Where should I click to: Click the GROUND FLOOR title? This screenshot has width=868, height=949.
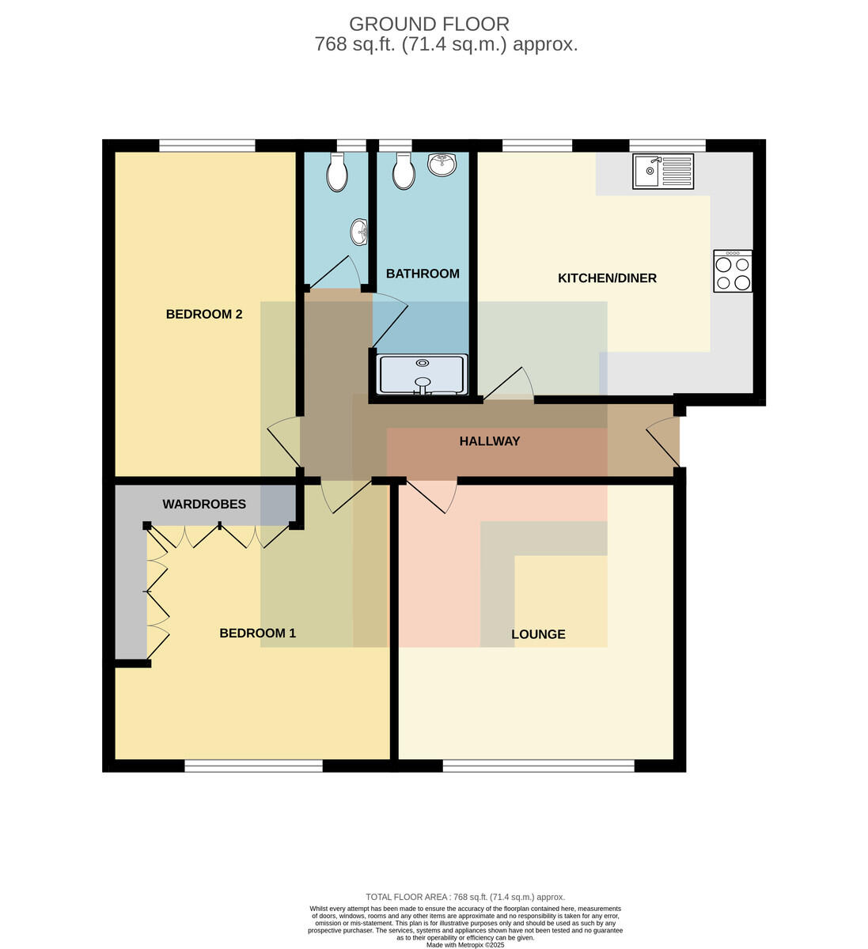coord(429,24)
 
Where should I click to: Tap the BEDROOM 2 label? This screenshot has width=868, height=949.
coord(204,314)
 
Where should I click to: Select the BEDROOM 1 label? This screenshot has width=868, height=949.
coord(258,633)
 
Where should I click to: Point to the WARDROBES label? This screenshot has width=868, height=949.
coord(204,505)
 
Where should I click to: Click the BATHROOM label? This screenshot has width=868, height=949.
coord(423,274)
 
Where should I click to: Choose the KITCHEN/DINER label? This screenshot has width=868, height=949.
coord(607,278)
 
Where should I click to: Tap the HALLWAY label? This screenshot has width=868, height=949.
coord(490,441)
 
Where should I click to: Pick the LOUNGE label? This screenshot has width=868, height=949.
coord(538,634)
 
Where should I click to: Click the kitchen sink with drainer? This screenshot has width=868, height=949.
coord(663,172)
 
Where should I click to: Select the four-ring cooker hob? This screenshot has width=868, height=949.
coord(733,271)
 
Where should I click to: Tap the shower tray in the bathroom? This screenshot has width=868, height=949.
coord(423,374)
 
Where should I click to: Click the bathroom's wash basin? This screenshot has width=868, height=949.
coord(442,165)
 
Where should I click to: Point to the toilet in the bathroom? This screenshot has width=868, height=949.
coord(404,171)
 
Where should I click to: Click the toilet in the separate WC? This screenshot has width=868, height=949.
coord(337,172)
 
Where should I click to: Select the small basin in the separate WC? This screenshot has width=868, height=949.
coord(359,233)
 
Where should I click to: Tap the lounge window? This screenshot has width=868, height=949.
coord(538,766)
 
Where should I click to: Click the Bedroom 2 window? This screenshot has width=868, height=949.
coord(207,146)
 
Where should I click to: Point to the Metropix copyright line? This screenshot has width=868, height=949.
coord(465,945)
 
